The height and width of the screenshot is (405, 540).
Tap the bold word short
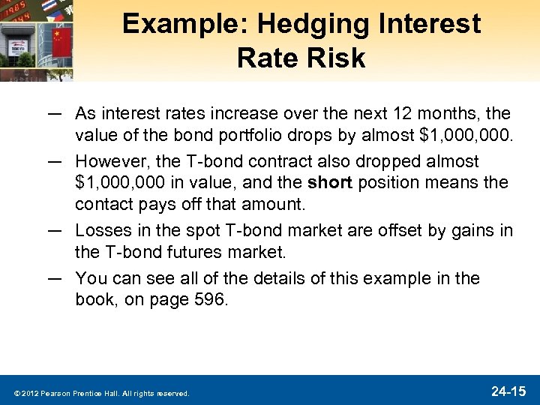(x=330, y=182)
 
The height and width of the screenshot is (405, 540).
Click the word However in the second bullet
(x=106, y=162)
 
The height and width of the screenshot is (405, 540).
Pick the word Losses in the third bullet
(x=101, y=230)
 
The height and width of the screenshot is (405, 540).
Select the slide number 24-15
(x=509, y=391)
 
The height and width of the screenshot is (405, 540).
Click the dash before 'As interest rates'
(x=53, y=114)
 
